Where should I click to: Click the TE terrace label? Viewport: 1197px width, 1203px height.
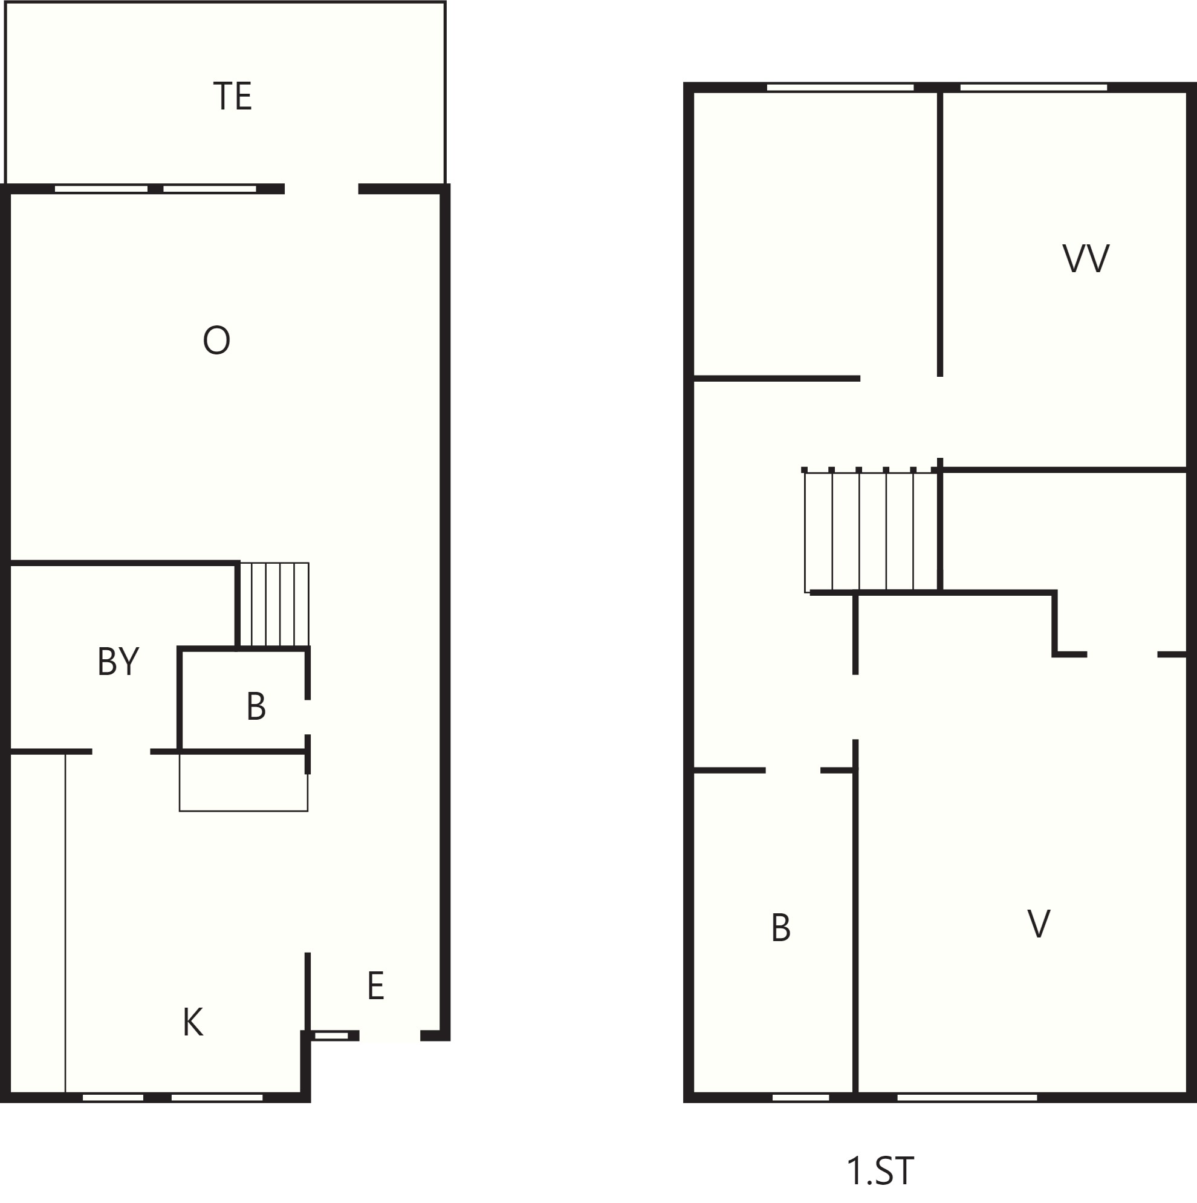click(232, 97)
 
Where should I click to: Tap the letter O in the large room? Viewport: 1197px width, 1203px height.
click(216, 340)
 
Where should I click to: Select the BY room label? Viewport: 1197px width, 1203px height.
click(118, 661)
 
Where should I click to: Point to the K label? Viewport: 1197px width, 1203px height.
click(193, 1022)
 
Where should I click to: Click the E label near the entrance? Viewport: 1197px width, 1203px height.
click(375, 986)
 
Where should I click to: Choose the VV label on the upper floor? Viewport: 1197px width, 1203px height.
click(1086, 258)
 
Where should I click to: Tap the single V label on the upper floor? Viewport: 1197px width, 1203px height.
click(1039, 924)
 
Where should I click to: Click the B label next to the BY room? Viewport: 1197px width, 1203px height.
click(256, 706)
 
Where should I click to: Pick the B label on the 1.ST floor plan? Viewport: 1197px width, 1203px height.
click(781, 928)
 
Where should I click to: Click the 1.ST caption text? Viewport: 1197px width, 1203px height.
click(880, 1170)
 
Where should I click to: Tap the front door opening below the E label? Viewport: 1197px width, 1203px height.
click(390, 1035)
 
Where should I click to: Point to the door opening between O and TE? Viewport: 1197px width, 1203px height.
click(321, 189)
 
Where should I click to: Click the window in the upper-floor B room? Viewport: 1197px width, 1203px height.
click(800, 1097)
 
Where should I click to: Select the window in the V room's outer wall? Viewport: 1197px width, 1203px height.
click(967, 1097)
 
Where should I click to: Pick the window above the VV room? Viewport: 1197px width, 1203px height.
click(1033, 88)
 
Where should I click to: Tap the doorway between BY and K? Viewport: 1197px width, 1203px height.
click(122, 752)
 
